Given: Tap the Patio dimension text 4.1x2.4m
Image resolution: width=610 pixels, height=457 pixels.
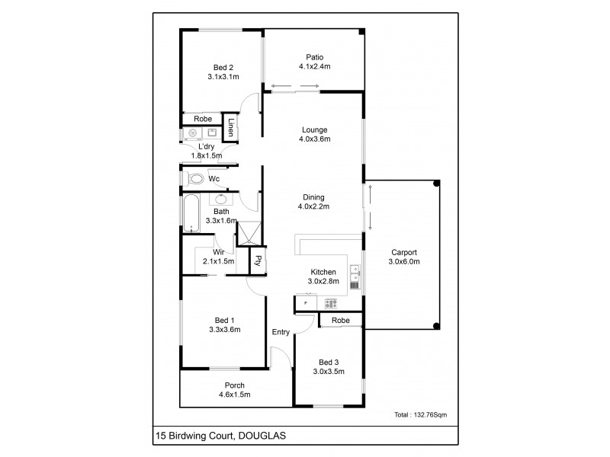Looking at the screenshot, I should (314, 66).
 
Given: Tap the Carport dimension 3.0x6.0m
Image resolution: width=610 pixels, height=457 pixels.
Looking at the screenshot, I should (404, 261).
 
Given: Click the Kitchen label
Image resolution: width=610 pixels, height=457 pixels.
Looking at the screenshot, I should (323, 272).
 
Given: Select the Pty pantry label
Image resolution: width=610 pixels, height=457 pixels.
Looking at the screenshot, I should (258, 260).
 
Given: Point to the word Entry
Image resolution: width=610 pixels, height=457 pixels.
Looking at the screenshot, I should (281, 332).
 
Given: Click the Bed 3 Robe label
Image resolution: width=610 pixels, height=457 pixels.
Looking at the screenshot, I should (341, 321).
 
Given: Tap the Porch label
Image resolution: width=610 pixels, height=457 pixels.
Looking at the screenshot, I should (234, 385).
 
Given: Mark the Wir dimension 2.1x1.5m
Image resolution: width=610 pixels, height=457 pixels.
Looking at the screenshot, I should (219, 261).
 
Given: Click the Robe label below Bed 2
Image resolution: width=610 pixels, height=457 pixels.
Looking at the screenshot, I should (202, 120).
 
